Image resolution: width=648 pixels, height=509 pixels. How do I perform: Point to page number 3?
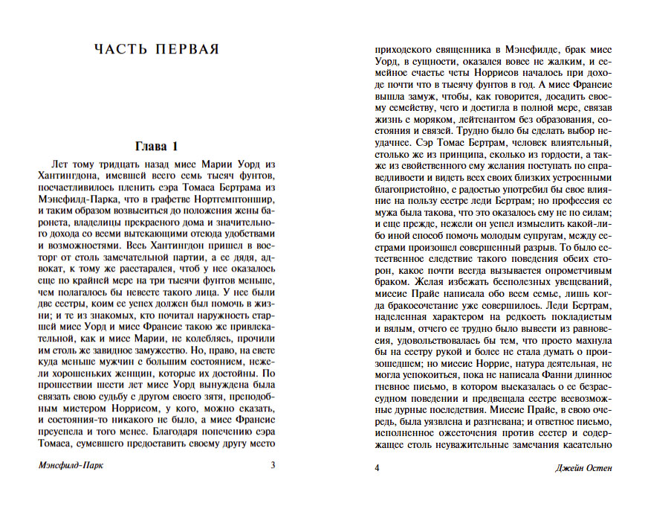[x=273, y=467]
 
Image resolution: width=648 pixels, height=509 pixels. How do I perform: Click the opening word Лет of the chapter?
[x=62, y=163]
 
